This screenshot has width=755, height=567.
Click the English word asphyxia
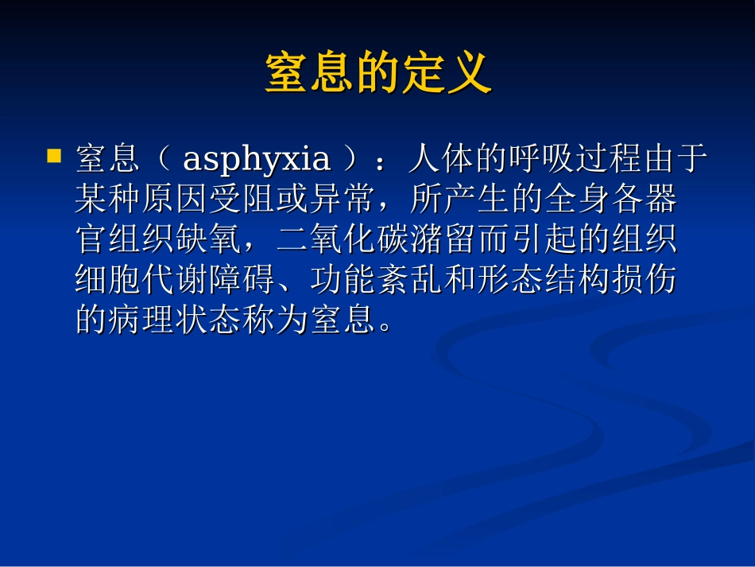[x=257, y=160]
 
